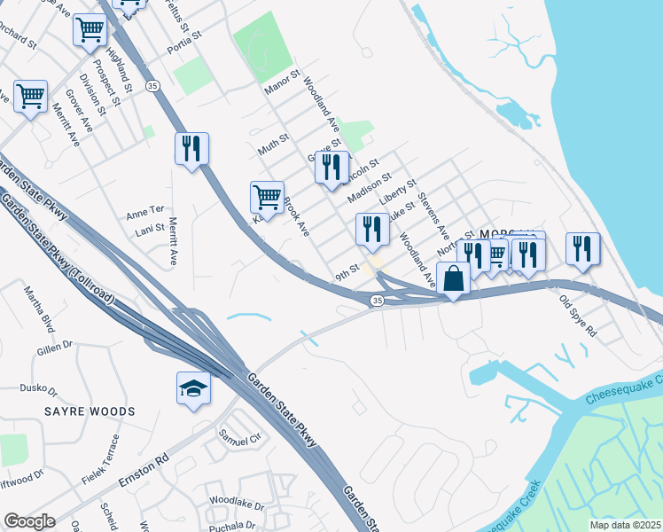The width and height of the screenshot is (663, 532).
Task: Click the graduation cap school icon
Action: (x=194, y=388)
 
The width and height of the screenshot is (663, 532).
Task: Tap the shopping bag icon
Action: (x=453, y=278)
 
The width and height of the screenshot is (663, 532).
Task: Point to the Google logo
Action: (x=29, y=520)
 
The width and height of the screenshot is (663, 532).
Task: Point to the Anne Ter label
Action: (x=145, y=213)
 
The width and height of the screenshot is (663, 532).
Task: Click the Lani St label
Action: (x=150, y=229)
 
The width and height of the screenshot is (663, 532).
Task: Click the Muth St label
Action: (x=274, y=144)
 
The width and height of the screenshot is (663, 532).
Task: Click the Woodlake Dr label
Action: (x=237, y=505)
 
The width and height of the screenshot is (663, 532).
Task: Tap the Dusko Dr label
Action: (x=39, y=388)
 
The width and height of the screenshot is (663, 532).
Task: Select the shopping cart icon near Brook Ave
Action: (x=267, y=197)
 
